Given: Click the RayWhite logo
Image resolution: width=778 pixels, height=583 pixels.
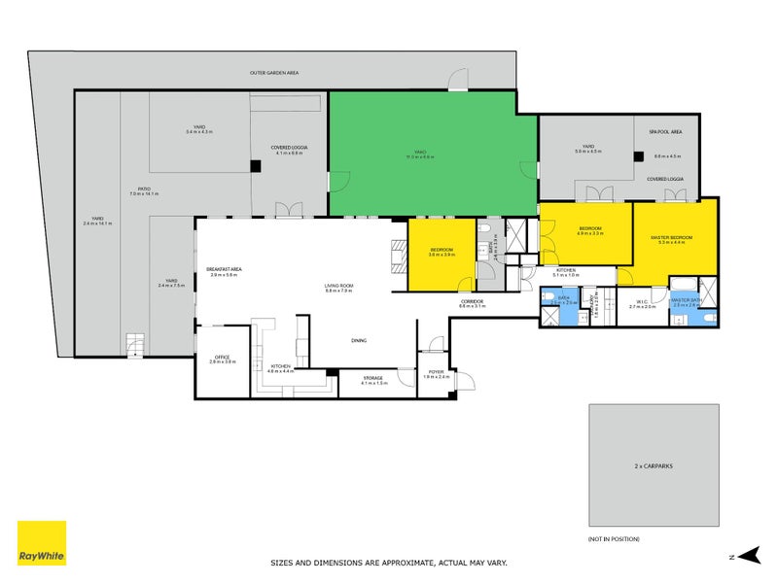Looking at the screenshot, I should point(42,542).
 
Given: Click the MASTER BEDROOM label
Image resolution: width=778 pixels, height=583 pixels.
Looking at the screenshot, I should point(672,238).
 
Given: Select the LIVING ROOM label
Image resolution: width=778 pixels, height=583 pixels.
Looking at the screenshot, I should point(338,285).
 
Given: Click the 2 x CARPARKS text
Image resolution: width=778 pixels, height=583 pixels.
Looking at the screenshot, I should point(654,466).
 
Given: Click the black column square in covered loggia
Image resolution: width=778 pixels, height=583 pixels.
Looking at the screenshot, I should point(255,166).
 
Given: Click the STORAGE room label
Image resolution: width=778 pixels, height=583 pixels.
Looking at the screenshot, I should point(373,378).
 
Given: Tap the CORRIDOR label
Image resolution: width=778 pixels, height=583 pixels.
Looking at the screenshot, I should point(473,302).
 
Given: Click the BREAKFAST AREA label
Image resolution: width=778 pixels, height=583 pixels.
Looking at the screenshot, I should point(224,270).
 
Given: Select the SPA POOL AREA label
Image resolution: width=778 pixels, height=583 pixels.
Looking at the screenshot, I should point(665,131).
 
